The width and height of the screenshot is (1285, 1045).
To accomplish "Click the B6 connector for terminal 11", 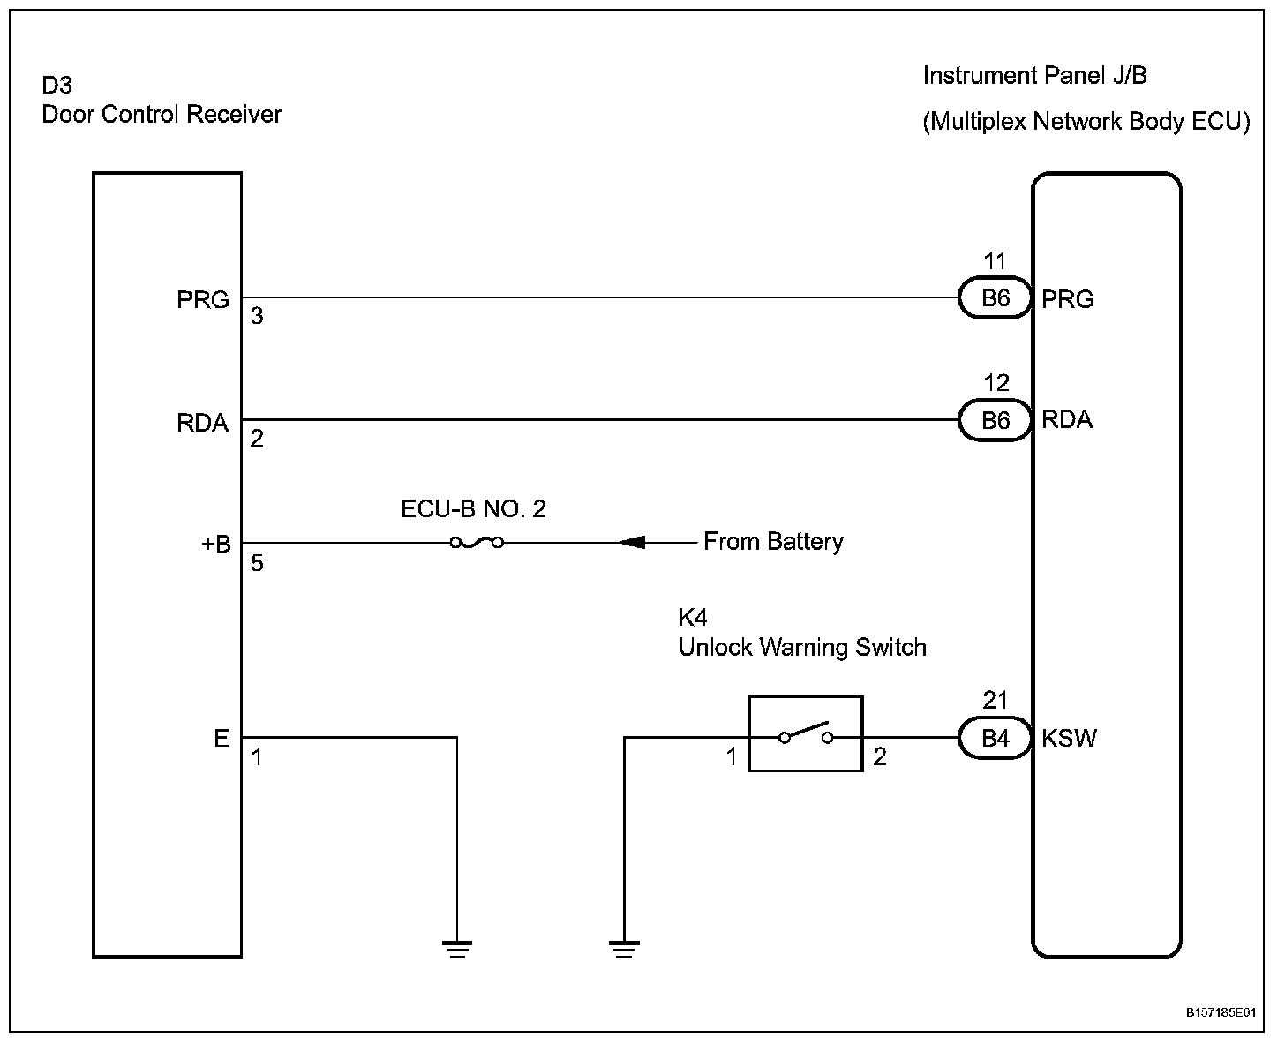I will [995, 299].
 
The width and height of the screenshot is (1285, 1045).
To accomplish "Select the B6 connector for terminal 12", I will [995, 421].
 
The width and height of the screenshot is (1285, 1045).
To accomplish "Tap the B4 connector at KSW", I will [995, 738].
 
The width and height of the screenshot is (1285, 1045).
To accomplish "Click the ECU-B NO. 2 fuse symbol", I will [477, 542].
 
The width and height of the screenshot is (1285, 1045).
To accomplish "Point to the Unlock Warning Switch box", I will [805, 734].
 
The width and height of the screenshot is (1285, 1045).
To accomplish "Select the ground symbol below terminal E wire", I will [457, 949].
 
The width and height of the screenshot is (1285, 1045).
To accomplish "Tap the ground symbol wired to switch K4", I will [624, 949].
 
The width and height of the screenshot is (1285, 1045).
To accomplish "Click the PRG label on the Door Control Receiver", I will [203, 300].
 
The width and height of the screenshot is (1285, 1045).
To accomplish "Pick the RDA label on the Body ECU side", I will [1067, 420].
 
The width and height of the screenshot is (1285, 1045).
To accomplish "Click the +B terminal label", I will [215, 544].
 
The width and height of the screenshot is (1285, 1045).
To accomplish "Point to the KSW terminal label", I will [1069, 738].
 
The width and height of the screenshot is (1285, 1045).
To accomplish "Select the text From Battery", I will [773, 542].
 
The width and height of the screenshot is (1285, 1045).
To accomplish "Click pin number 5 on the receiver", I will [257, 563].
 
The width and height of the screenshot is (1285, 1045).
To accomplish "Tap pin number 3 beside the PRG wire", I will [257, 316].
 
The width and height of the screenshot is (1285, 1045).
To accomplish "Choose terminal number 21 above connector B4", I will [995, 701].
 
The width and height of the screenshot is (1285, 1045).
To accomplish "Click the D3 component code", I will [57, 86].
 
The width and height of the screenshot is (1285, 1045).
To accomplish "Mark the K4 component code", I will [693, 617].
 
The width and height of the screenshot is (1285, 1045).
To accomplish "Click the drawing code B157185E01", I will [1220, 1014].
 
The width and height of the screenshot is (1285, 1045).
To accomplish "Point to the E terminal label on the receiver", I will [222, 738].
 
